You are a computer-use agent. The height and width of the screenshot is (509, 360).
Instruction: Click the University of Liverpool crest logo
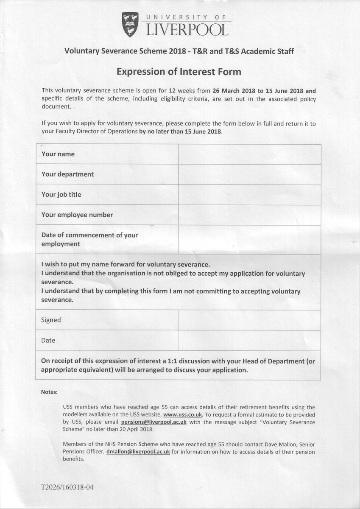tap(130, 25)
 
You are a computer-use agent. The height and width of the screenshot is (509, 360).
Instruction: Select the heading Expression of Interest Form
tap(179, 72)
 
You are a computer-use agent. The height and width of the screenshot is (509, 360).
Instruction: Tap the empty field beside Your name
tap(249, 154)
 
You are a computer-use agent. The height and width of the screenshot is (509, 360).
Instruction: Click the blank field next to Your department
tap(249, 174)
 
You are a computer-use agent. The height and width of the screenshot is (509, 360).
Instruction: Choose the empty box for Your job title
tap(249, 195)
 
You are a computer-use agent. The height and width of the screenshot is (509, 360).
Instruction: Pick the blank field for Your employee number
tap(249, 215)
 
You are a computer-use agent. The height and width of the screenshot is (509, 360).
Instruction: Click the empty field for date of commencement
tap(249, 240)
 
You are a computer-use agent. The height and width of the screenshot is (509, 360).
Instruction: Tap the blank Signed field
tap(249, 320)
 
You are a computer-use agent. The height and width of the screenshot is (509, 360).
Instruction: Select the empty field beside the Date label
tap(249, 340)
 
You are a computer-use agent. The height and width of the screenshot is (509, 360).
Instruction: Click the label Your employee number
tap(77, 215)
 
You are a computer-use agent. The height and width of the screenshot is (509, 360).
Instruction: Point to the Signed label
tap(51, 320)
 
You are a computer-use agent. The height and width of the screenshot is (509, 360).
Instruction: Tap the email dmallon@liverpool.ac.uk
tap(138, 452)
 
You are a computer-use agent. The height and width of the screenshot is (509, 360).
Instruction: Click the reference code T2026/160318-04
tap(67, 487)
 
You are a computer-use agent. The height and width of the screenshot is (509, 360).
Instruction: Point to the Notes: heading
tap(49, 392)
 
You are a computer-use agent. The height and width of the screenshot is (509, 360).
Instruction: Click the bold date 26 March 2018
tap(234, 91)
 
